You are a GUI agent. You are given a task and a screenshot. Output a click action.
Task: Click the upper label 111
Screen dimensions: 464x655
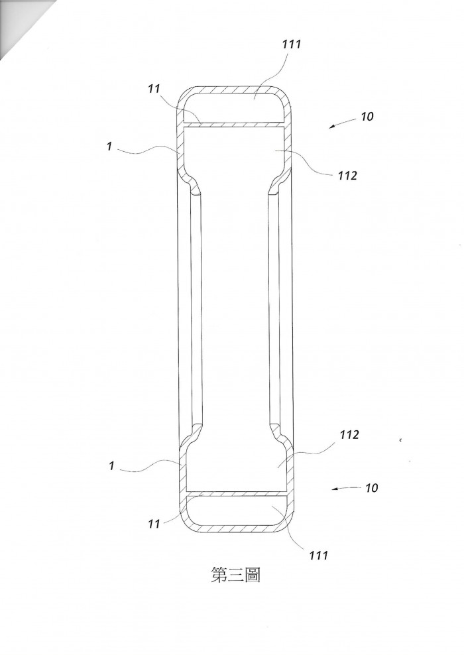291,44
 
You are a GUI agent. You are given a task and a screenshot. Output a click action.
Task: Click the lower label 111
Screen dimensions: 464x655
319,555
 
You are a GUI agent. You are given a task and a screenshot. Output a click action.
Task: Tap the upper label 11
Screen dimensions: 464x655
154,89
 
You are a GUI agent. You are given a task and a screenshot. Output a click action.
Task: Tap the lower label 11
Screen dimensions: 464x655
154,524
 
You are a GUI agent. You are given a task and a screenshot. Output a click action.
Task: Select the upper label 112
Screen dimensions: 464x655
347,176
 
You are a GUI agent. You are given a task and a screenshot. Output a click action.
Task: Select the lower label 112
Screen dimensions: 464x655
349,435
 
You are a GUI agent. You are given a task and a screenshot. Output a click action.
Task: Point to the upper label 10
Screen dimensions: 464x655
367,117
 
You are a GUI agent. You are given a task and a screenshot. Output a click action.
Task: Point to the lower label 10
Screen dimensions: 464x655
371,487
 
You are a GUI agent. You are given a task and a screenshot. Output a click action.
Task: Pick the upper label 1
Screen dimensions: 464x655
109,147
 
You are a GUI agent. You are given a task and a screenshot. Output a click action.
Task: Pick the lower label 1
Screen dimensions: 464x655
111,465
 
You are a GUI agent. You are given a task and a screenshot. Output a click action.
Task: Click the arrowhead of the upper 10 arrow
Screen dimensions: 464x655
330,127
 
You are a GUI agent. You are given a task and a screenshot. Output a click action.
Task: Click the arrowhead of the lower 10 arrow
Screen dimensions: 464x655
333,489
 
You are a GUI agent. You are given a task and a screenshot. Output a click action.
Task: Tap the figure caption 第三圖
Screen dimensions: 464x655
236,575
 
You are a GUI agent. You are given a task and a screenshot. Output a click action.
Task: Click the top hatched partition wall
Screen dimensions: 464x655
234,124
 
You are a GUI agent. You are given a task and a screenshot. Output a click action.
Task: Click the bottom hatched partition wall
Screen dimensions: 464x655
237,493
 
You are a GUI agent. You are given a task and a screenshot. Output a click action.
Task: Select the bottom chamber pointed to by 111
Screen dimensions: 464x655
237,510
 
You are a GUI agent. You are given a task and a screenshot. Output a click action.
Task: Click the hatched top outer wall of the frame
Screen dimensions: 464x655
234,89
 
